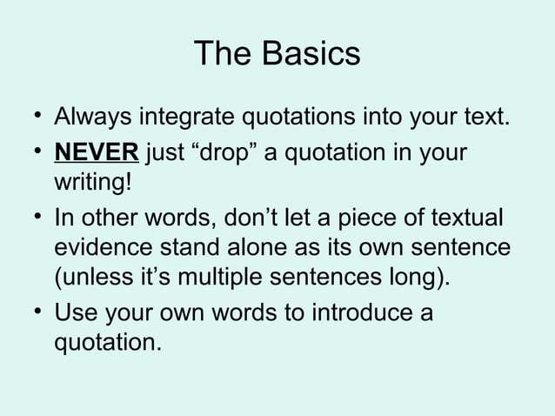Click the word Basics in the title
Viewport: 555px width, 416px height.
coord(311,54)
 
